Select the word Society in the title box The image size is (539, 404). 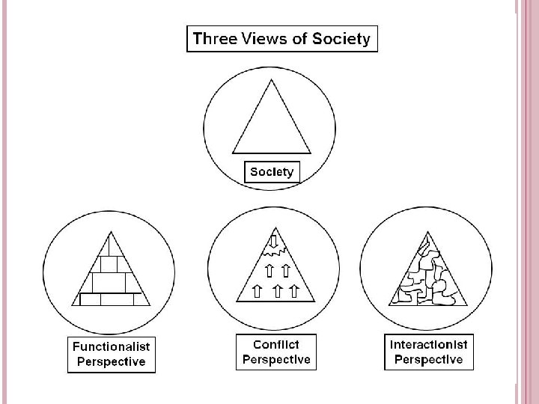[x=341, y=40]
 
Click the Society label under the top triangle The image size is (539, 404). [x=272, y=172]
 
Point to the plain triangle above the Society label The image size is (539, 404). [x=272, y=123]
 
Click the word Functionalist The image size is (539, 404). [x=111, y=347]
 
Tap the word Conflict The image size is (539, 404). [x=275, y=344]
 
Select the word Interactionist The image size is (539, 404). [x=428, y=345]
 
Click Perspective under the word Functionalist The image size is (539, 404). [x=111, y=362]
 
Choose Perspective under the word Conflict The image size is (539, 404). [x=275, y=359]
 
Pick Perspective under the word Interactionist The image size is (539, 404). [x=428, y=360]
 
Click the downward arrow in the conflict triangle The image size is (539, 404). [x=273, y=241]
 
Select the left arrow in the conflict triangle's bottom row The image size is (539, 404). [x=258, y=290]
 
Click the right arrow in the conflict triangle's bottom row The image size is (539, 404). [x=293, y=290]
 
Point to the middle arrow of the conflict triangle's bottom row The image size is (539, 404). [x=278, y=290]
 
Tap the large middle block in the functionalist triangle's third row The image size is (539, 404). [x=109, y=283]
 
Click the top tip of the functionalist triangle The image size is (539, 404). [x=110, y=233]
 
